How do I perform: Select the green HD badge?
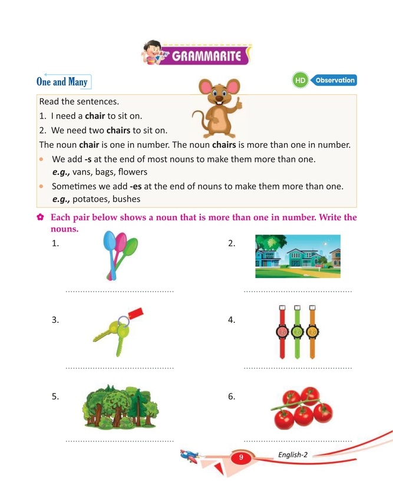click(x=300, y=81)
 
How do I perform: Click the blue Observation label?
click(x=334, y=80)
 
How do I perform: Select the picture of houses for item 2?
click(x=298, y=256)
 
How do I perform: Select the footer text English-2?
click(x=293, y=454)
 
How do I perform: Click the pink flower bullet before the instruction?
click(x=40, y=217)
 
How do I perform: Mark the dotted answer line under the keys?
click(x=120, y=368)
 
